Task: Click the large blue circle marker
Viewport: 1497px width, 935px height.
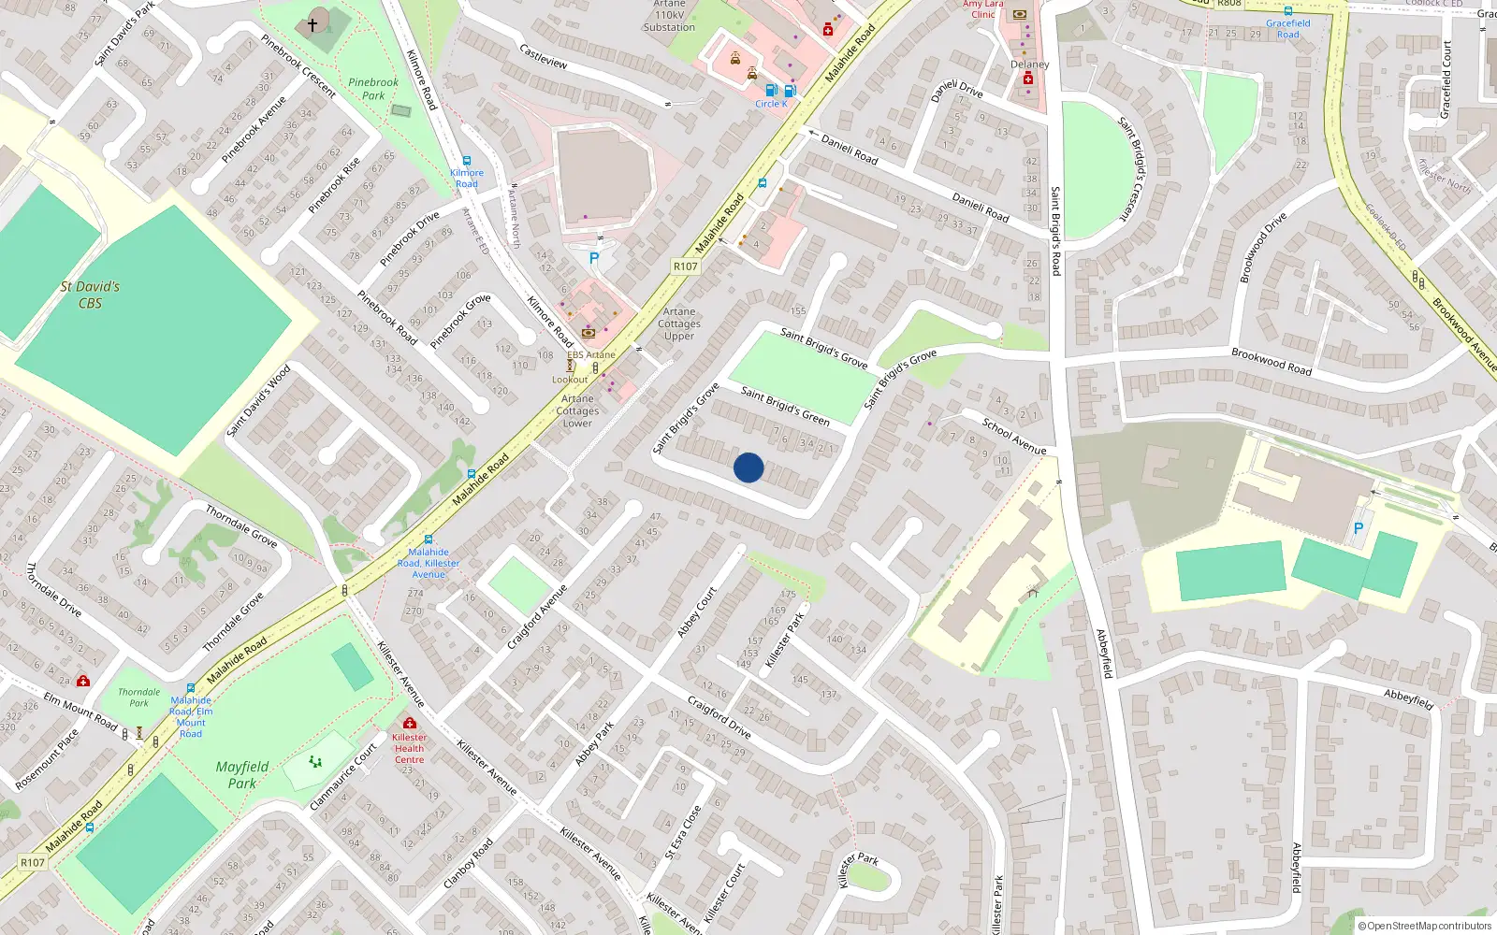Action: click(x=748, y=467)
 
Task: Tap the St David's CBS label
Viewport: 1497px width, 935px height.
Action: click(x=90, y=295)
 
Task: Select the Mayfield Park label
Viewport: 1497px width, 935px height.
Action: click(x=242, y=774)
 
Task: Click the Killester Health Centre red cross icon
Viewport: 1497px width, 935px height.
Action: click(x=409, y=723)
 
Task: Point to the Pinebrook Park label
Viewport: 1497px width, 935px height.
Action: click(x=373, y=89)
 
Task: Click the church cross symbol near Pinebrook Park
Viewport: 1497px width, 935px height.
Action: click(x=312, y=25)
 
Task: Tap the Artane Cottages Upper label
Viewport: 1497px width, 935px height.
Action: click(x=679, y=324)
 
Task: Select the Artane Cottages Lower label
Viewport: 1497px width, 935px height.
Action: click(x=577, y=410)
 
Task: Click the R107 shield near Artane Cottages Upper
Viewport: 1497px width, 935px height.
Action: click(x=686, y=266)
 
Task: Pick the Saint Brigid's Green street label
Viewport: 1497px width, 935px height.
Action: click(x=785, y=406)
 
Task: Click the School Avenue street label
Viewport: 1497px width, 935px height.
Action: click(x=1014, y=436)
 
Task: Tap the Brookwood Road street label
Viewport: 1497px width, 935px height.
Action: click(x=1272, y=361)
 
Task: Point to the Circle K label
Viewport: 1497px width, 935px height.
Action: click(x=771, y=104)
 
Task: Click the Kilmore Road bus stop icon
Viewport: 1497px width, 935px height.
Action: click(x=467, y=161)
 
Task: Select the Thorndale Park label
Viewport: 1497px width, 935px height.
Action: click(x=138, y=698)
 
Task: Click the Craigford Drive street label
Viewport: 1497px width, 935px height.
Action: click(x=719, y=717)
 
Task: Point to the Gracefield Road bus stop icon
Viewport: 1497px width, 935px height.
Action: click(x=1288, y=11)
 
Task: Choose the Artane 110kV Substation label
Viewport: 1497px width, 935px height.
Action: click(x=669, y=16)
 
